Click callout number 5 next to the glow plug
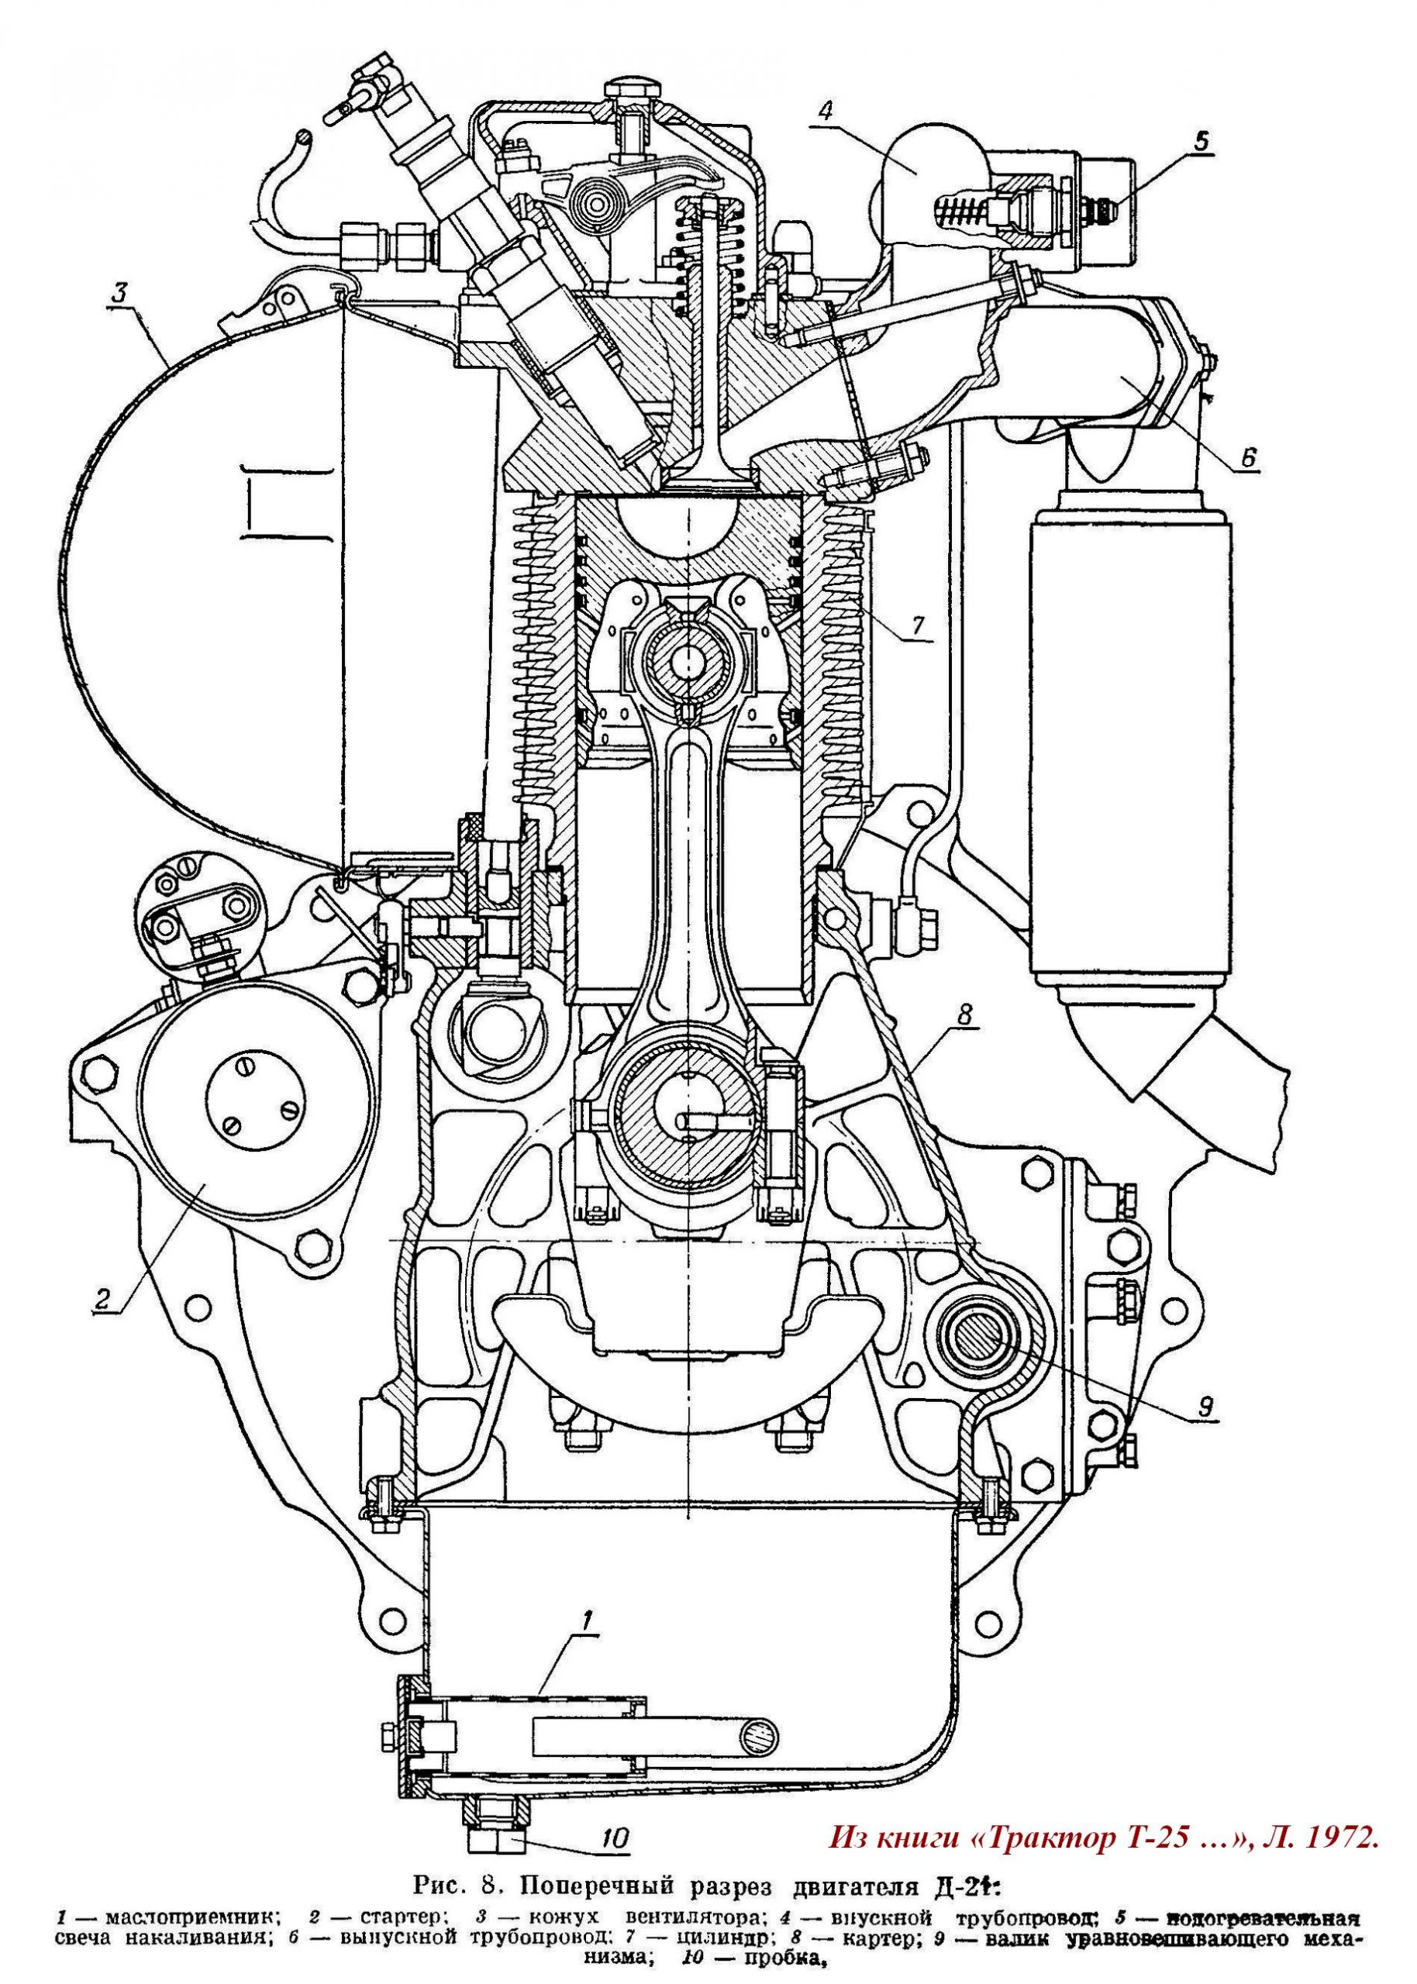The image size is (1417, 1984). point(1203,140)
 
